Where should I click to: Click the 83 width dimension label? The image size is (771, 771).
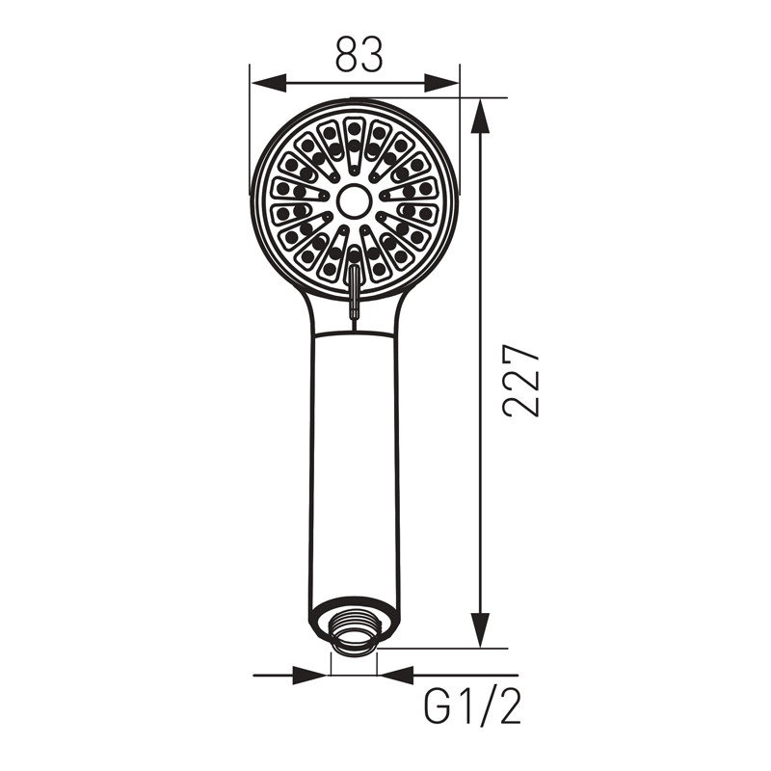[359, 54]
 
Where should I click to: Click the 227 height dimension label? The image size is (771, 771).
[521, 381]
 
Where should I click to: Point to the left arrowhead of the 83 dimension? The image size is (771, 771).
[269, 83]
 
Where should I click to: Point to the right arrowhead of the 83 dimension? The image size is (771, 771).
[441, 83]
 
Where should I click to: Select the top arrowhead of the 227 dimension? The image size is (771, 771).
[480, 117]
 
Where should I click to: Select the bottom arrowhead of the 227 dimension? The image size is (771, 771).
[480, 630]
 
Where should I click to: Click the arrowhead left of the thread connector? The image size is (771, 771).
[309, 676]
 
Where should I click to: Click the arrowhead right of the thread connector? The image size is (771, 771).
[396, 676]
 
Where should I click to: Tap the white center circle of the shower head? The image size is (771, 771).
[354, 200]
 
